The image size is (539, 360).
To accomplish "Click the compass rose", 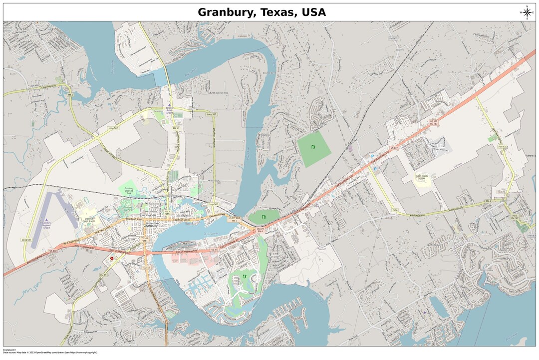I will (527, 12).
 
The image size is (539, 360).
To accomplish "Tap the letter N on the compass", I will (527, 6).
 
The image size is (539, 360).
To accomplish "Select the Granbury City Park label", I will (128, 208).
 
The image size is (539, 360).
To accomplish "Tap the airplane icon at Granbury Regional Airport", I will (46, 220).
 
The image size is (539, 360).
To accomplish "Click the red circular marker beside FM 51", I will (112, 258).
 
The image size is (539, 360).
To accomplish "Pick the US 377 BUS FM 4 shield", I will (234, 219).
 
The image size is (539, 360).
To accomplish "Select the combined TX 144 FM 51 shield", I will (144, 240).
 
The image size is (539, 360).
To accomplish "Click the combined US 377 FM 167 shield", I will (434, 122).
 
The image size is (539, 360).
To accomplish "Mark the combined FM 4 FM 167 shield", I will (515, 217).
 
